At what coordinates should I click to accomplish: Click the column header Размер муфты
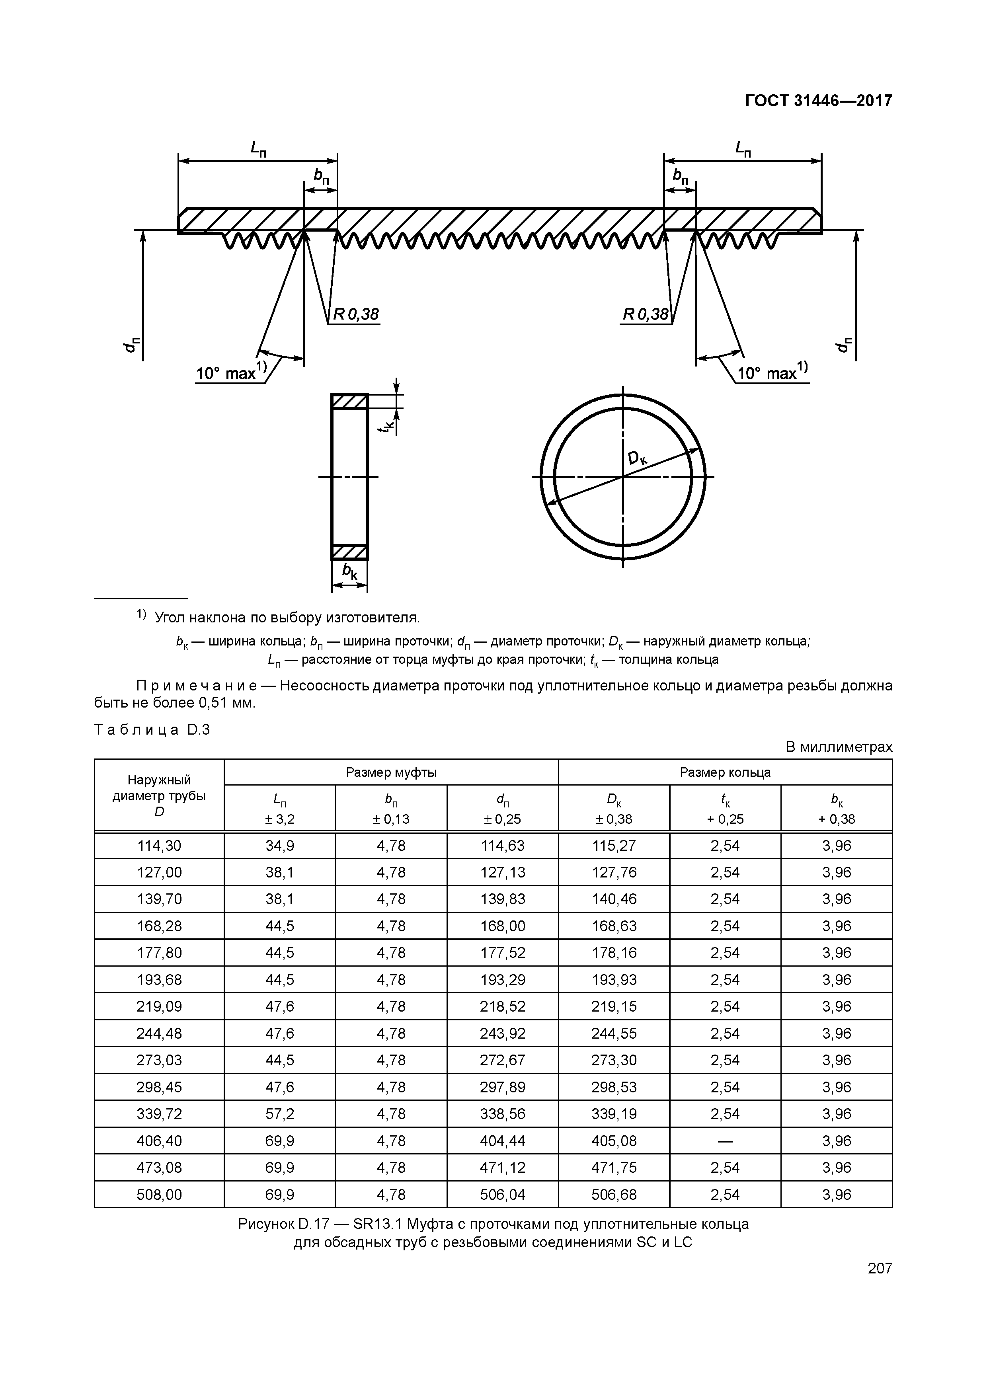[391, 772]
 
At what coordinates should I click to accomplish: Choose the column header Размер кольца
[725, 772]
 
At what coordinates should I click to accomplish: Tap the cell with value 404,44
[502, 1141]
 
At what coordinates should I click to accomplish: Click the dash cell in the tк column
[725, 1141]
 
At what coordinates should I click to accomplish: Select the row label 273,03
[159, 1060]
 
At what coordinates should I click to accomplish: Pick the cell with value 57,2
[280, 1114]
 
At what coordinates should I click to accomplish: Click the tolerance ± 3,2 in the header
[280, 819]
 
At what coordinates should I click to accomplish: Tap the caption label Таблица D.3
[152, 729]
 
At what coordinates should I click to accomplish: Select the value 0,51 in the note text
[213, 703]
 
